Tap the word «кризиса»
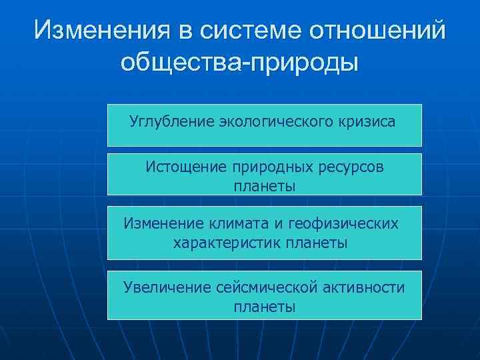coord(367,122)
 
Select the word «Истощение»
coord(187,167)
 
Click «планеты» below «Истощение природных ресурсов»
coord(265,187)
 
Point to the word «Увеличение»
coord(167,287)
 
